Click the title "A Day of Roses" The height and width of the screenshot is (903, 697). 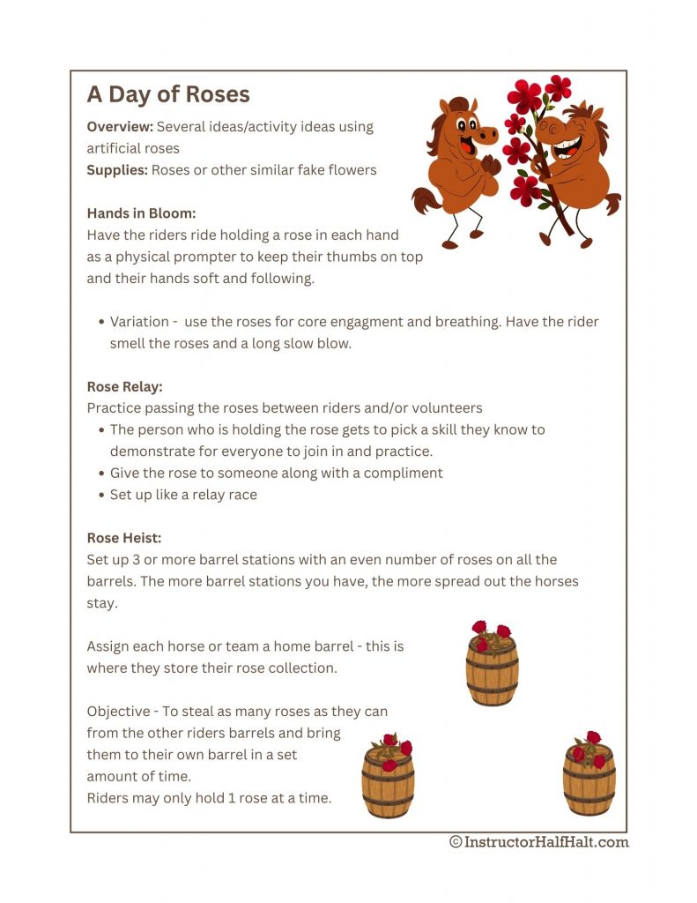tap(168, 94)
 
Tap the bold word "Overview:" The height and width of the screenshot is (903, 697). tap(120, 127)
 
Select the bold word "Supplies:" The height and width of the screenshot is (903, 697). tap(117, 169)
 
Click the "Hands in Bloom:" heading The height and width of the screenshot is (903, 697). tap(141, 213)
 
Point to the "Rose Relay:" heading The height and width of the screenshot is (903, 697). tap(124, 386)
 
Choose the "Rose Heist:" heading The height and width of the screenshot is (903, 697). tap(123, 538)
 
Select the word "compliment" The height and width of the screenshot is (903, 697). tap(405, 473)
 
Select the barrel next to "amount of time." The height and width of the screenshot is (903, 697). tap(388, 777)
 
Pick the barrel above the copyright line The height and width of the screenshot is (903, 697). tap(589, 773)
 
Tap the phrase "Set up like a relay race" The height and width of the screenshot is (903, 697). tap(183, 495)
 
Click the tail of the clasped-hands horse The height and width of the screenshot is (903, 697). tap(426, 200)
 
